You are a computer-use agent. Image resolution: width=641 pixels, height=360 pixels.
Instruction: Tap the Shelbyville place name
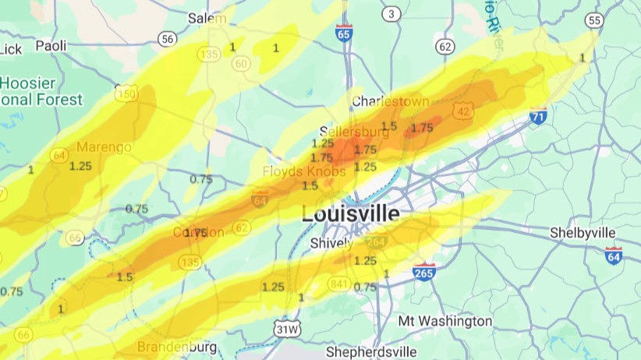(x=583, y=233)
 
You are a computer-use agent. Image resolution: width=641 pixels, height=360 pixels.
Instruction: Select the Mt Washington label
(x=444, y=321)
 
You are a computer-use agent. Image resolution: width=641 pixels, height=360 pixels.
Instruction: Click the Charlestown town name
(x=391, y=101)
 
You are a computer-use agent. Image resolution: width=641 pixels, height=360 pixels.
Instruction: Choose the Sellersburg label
(x=349, y=131)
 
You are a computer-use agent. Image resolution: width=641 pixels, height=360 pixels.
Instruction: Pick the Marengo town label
(x=102, y=146)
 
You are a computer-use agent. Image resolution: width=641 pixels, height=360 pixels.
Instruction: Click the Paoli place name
(x=51, y=46)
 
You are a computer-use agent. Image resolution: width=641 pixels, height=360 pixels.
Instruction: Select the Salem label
(x=207, y=18)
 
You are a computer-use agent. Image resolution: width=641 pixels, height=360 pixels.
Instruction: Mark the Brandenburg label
(x=177, y=346)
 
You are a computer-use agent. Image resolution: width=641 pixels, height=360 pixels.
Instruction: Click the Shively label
(x=332, y=243)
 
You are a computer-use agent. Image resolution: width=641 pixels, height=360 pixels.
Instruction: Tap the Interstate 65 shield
(x=344, y=32)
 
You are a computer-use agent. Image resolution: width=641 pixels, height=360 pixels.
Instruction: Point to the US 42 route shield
(x=463, y=111)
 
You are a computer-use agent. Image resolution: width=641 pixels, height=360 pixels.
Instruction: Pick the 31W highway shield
(x=286, y=330)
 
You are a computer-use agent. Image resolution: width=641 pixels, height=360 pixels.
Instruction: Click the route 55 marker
(x=595, y=20)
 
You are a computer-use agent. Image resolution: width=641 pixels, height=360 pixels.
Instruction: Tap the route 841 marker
(x=338, y=283)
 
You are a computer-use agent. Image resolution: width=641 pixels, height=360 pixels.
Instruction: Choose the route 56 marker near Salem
(x=167, y=38)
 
